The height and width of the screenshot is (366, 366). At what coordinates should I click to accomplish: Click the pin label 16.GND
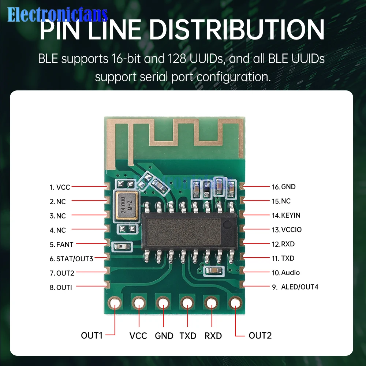[283, 187]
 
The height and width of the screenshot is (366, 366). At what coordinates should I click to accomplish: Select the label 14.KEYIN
[286, 215]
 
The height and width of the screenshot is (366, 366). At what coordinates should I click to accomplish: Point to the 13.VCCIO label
[287, 230]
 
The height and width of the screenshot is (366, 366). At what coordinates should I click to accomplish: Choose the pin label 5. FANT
[61, 244]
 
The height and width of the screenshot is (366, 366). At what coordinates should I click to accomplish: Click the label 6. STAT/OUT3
[71, 259]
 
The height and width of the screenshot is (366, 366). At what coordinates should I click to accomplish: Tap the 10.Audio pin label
[285, 273]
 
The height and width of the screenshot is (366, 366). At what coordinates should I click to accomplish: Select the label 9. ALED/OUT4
[295, 287]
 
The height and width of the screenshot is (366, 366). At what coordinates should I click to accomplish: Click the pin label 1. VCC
[60, 187]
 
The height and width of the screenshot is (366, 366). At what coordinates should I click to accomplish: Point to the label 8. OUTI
[61, 287]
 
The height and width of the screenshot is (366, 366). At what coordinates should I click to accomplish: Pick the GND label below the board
[164, 336]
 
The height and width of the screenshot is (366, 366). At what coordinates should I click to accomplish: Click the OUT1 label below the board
[91, 335]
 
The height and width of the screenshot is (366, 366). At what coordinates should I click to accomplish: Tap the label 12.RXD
[283, 244]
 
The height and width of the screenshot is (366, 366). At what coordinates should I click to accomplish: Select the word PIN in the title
[58, 30]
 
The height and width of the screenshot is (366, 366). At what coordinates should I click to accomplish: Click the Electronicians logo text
[57, 15]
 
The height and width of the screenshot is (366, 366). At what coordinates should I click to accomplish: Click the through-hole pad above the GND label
[163, 303]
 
